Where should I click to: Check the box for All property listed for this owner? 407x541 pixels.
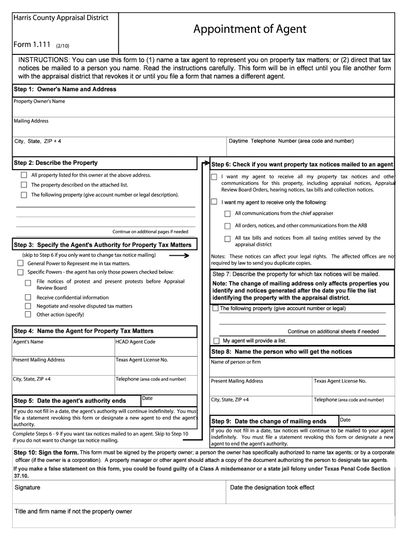pos(24,175)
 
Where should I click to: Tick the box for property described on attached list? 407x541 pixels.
pos(24,185)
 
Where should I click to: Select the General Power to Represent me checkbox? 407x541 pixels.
pos(20,263)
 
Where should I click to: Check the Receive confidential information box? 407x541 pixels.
pos(28,297)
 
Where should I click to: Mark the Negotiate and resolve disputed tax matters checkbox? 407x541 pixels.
pos(28,306)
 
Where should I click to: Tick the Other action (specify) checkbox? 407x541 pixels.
pos(28,315)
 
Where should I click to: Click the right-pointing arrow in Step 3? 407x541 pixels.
pos(179,256)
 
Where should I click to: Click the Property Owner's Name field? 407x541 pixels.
pos(203,109)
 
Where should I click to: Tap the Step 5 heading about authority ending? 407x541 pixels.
pos(70,401)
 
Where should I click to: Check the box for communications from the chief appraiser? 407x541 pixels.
pos(227,214)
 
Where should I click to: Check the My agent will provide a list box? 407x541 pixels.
pos(216,341)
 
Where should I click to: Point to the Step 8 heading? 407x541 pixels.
pos(281,352)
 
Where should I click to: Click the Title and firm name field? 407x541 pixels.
pos(203,520)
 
